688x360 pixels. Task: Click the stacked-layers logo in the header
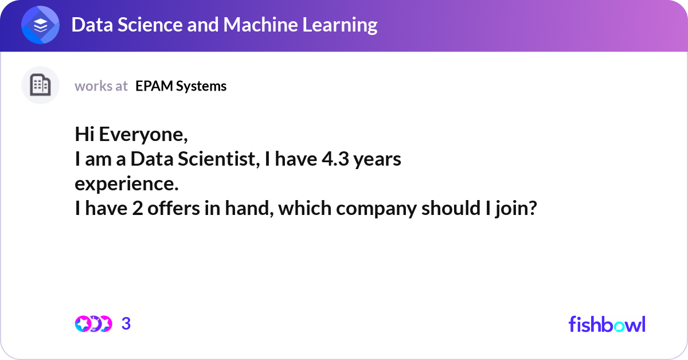[x=41, y=25]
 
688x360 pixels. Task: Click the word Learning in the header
[x=342, y=25]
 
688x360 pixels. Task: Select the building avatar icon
[x=40, y=85]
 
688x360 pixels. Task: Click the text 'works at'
[x=101, y=86]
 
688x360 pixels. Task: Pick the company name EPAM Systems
[x=181, y=86]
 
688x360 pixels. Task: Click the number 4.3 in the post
[x=335, y=160]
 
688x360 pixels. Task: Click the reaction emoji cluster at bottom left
[x=93, y=324]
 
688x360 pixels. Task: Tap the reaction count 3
[x=126, y=324]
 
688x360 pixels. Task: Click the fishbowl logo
[x=607, y=324]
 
